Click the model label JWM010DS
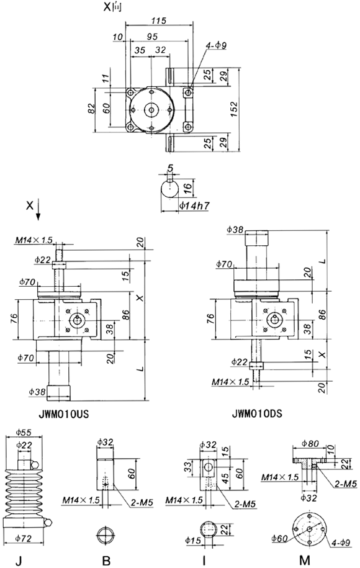[x=256, y=412]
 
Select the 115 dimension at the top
[x=158, y=21]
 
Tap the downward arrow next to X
[x=39, y=214]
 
